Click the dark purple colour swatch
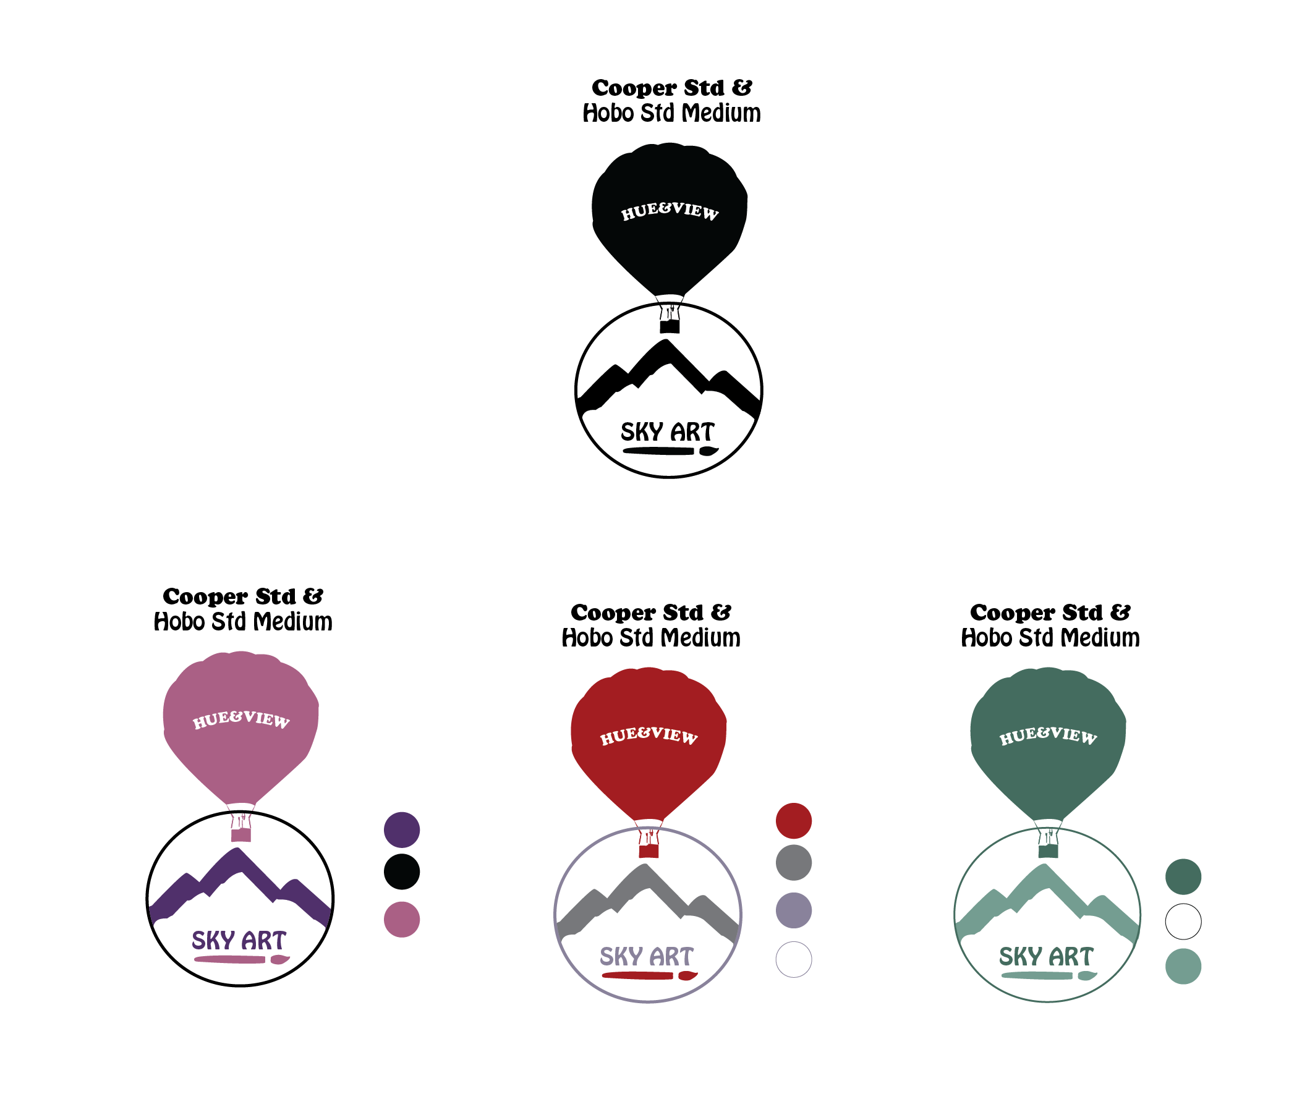tap(401, 830)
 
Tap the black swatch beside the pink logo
tap(401, 871)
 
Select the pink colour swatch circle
tap(401, 919)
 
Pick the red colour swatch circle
tap(793, 821)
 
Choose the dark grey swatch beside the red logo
tap(793, 862)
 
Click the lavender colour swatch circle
tap(793, 910)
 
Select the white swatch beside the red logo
tap(793, 959)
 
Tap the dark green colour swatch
tap(1183, 876)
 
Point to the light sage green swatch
tap(1183, 966)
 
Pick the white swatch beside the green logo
tap(1183, 922)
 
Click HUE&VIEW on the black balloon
tap(670, 211)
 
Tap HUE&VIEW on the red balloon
tap(649, 735)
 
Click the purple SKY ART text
tap(239, 940)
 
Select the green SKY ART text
tap(1046, 956)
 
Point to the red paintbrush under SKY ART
tap(649, 975)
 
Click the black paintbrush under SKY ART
tap(671, 451)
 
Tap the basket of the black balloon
tap(670, 326)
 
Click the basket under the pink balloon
tap(240, 835)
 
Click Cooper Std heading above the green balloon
tap(1050, 612)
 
